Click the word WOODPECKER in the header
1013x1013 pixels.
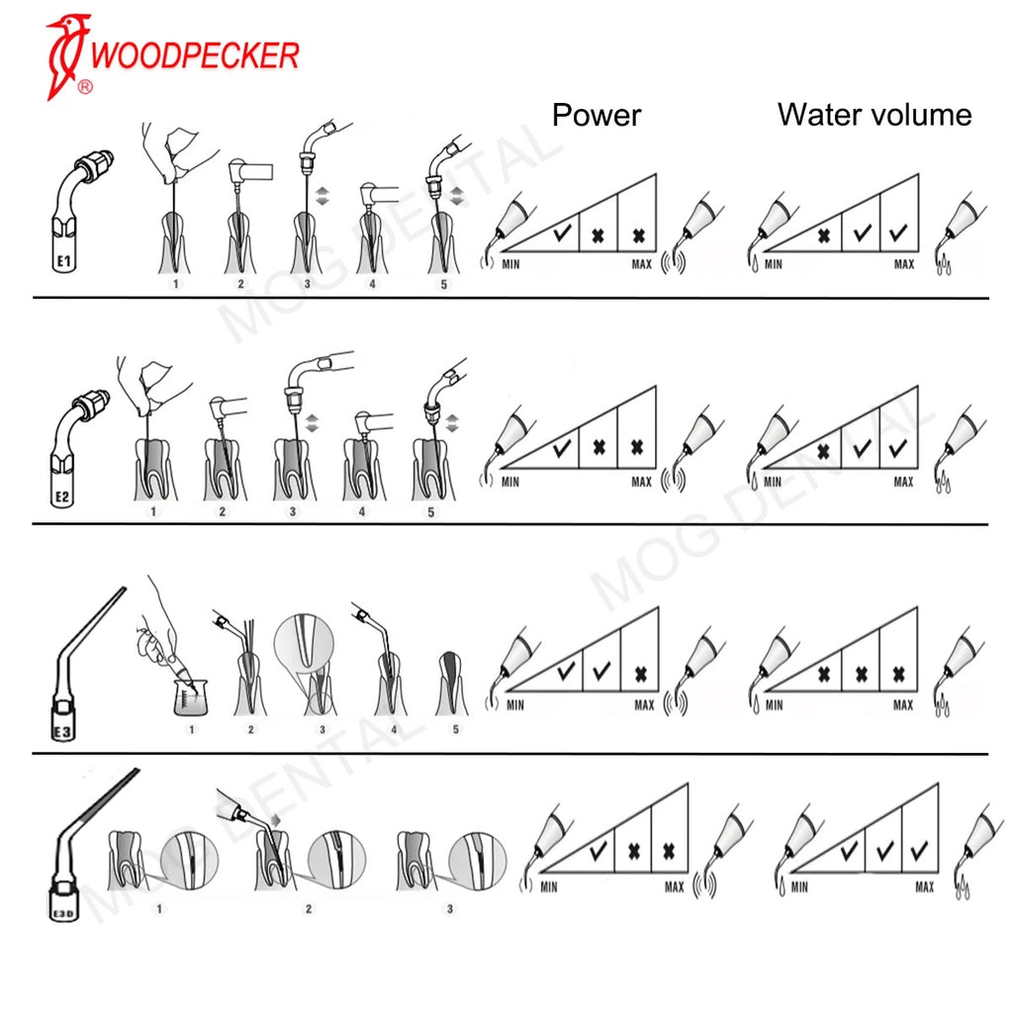pyautogui.click(x=194, y=55)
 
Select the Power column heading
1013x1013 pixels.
pyautogui.click(x=597, y=115)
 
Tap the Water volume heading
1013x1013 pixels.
pyautogui.click(x=875, y=115)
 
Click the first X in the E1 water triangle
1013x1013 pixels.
pyautogui.click(x=823, y=236)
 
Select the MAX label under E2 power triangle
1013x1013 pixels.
pyautogui.click(x=641, y=483)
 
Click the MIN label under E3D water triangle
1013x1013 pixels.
pyautogui.click(x=799, y=887)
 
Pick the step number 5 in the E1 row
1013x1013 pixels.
pyautogui.click(x=443, y=284)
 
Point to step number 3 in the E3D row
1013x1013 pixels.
pyautogui.click(x=450, y=908)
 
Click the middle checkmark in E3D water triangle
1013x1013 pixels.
pyautogui.click(x=884, y=850)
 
